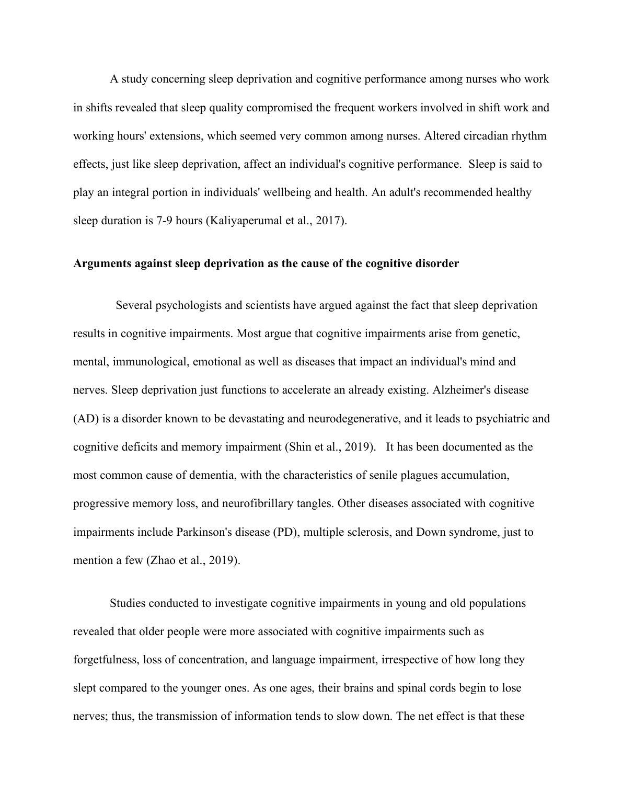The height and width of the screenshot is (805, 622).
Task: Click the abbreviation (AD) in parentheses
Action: pos(85,418)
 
